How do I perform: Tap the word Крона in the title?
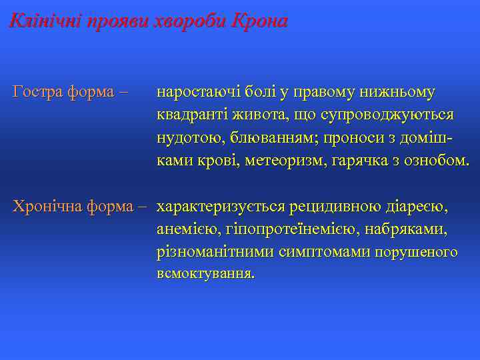tap(259, 21)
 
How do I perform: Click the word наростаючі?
tap(198, 92)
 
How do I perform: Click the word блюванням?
tap(260, 137)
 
